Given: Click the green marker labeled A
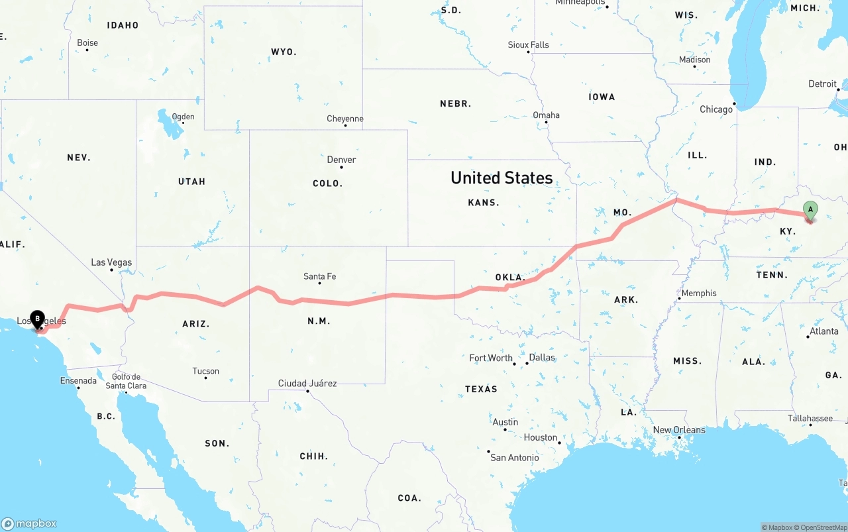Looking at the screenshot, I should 810,211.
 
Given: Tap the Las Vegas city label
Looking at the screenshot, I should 111,262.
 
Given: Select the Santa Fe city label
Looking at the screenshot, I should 320,276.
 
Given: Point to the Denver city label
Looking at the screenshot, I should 341,160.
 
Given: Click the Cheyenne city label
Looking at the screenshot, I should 345,119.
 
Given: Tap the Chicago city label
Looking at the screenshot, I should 716,109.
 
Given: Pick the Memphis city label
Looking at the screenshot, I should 699,293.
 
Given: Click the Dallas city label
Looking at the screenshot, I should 542,357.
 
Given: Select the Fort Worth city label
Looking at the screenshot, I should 491,358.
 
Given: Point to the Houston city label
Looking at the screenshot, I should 541,437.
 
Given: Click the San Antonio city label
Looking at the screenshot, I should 515,457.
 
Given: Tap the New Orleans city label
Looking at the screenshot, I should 679,430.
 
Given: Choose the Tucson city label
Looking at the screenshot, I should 206,371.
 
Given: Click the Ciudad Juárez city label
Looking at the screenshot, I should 307,383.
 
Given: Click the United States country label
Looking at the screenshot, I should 502,178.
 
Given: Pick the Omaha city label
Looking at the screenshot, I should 547,115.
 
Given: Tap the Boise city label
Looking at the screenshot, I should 87,43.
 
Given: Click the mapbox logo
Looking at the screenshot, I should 29,523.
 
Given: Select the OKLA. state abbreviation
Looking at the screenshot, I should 509,277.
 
